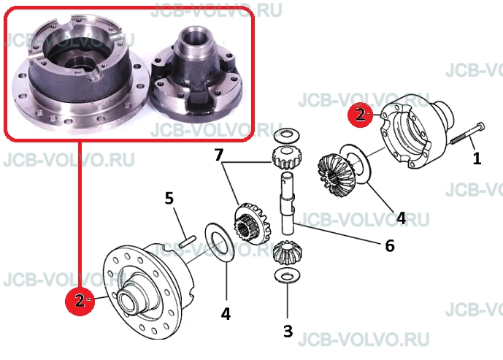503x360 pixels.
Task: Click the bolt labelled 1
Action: coord(468,133)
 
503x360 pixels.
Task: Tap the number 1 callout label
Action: coord(477,158)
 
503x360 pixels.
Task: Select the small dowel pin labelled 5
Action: coord(188,241)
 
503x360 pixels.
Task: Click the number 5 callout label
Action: coord(169,199)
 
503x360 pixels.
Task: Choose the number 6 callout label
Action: coord(389,246)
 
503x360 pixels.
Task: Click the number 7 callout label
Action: coord(219,156)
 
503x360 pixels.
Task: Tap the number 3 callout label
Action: coord(288,331)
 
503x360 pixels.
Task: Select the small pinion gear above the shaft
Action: coord(286,158)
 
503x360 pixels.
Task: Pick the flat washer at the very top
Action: coord(287,135)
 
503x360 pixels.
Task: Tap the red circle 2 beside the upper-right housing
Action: coord(361,115)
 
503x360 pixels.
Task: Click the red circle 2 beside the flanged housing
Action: coord(80,300)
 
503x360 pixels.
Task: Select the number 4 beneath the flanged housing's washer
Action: coord(226,313)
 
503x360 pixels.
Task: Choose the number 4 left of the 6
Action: coord(401,218)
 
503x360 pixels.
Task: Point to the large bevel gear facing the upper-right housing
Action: coord(336,175)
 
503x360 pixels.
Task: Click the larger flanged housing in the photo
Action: coord(80,74)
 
